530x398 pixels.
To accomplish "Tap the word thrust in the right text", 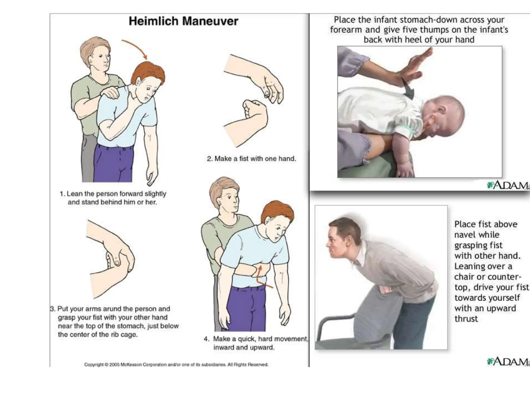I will tap(466, 319).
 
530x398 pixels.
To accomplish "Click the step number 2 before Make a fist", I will tap(209, 159).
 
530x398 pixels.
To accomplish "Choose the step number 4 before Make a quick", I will tap(206, 339).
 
